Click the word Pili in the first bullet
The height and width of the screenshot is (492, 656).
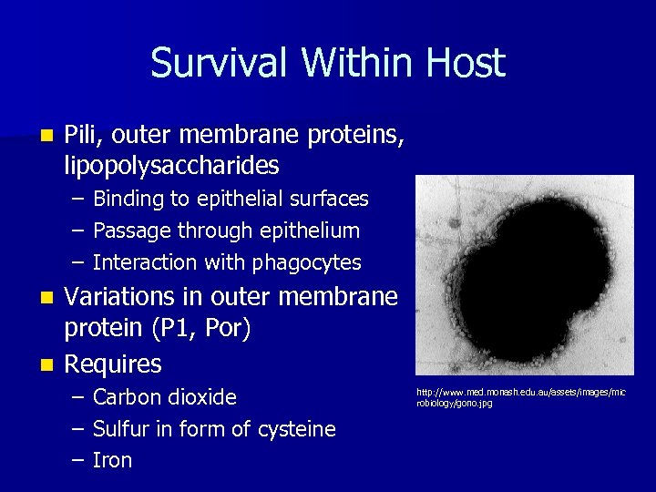coord(83,135)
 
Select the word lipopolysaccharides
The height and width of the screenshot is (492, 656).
coord(171,166)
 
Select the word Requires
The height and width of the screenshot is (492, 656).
coord(113,364)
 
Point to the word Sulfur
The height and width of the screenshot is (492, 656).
coord(123,429)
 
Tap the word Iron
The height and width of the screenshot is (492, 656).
coord(113,461)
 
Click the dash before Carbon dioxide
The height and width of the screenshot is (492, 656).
coord(79,398)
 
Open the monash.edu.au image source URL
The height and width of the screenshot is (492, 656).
coord(521,397)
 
